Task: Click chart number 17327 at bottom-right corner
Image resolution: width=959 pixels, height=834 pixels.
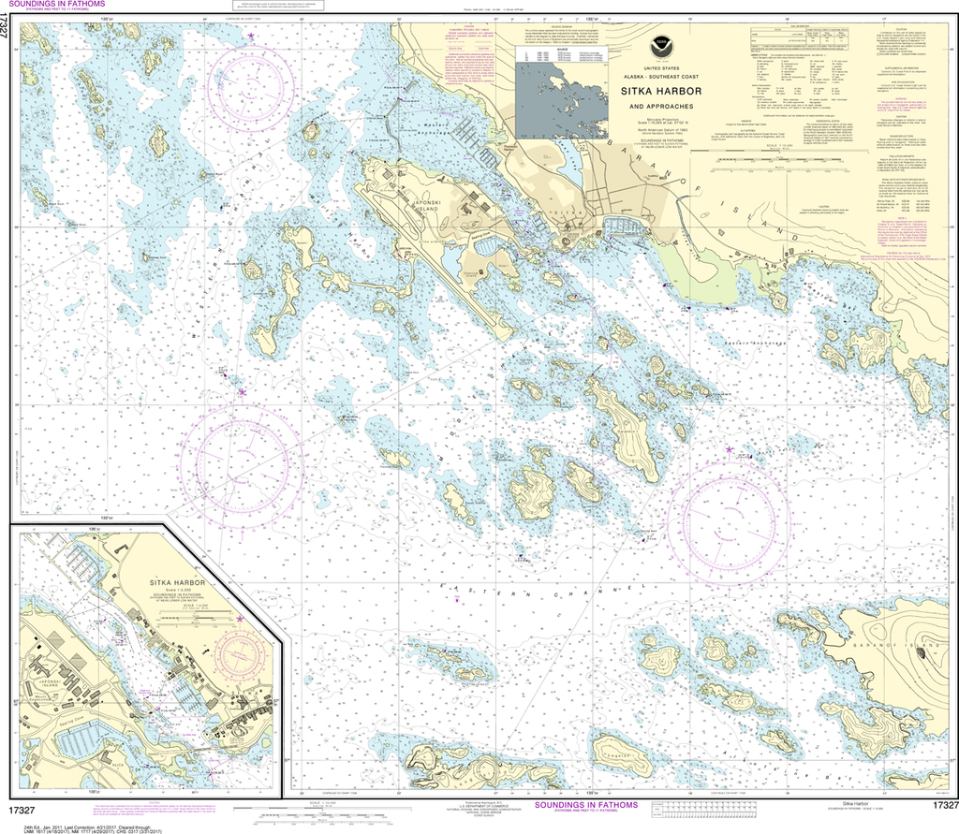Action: [943, 805]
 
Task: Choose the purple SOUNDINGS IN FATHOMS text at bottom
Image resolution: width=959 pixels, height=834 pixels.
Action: [585, 805]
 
